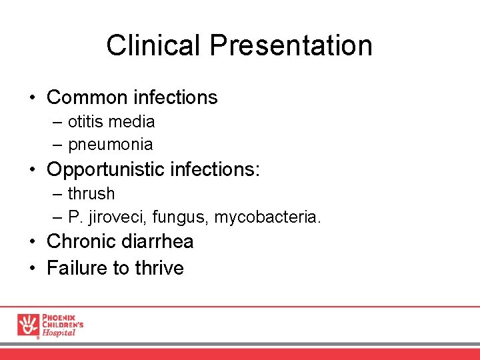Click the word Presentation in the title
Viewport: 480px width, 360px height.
[291, 45]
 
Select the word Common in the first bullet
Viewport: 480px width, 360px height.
[87, 97]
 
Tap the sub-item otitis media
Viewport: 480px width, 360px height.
[111, 122]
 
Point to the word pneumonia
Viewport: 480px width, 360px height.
[110, 144]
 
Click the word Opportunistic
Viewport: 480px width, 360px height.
[106, 169]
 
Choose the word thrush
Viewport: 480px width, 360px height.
[91, 194]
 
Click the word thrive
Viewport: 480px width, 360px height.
[159, 268]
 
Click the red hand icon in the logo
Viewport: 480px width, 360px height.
[28, 325]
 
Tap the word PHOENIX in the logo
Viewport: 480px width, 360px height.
[59, 316]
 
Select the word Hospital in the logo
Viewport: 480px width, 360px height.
[59, 333]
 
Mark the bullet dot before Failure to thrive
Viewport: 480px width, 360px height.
[32, 269]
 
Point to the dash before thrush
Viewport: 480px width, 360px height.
[58, 194]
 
